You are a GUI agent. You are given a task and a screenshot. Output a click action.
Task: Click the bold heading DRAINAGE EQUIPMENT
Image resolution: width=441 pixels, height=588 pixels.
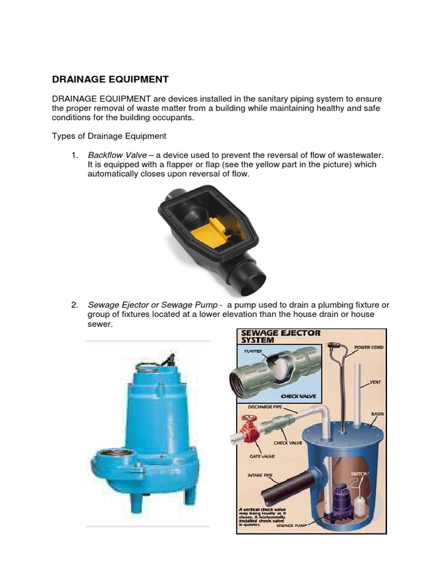click(110, 79)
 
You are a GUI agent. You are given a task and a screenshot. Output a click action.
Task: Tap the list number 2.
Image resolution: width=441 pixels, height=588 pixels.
click(74, 305)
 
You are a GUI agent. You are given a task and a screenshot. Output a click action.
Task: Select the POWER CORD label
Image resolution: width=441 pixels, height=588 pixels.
click(369, 347)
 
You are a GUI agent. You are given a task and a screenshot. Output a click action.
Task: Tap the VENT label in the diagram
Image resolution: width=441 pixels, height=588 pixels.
click(375, 382)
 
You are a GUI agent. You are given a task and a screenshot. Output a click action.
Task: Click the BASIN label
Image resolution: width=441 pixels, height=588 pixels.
click(377, 413)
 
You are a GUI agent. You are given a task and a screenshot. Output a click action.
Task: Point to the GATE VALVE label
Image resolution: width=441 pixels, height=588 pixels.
click(261, 457)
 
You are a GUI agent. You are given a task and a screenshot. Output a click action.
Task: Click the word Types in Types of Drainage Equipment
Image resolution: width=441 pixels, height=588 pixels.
click(64, 136)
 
